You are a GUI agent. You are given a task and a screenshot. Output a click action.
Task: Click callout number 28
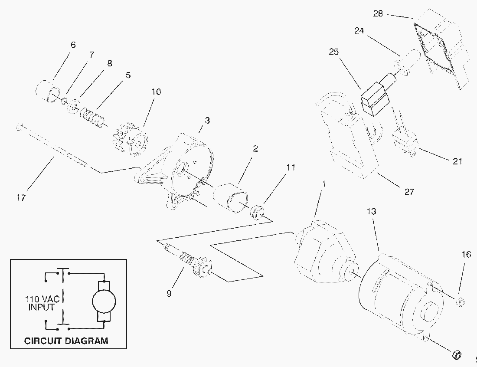point(378,13)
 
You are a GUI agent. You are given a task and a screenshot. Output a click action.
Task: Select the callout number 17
point(21,198)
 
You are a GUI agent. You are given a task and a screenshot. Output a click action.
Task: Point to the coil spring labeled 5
point(93,117)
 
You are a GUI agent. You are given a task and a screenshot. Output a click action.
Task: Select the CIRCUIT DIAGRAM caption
point(66,340)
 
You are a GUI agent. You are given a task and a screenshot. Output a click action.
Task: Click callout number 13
point(371,211)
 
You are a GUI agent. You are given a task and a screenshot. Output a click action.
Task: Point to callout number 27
point(409,191)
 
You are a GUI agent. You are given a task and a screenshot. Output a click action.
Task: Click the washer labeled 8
point(72,107)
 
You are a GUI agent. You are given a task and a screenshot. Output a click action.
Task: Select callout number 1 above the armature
point(323,183)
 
